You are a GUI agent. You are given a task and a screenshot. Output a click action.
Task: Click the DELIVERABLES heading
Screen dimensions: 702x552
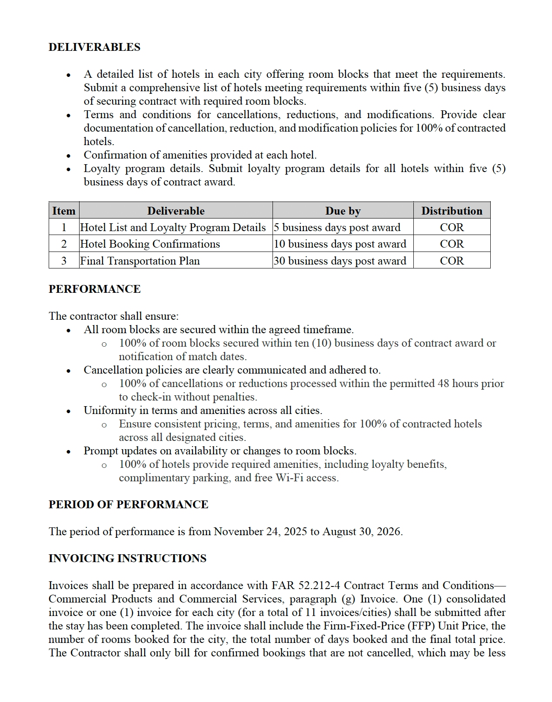(x=94, y=47)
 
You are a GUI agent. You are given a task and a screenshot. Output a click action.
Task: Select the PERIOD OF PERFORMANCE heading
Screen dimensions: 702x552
(x=128, y=504)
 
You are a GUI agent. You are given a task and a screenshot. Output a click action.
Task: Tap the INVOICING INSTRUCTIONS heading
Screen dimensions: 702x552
(x=127, y=558)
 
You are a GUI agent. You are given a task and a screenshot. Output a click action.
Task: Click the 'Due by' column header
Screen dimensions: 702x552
(x=343, y=211)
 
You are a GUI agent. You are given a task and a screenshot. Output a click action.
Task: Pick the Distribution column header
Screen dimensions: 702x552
(x=452, y=211)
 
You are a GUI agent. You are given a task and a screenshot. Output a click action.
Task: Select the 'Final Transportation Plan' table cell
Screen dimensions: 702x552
(x=140, y=261)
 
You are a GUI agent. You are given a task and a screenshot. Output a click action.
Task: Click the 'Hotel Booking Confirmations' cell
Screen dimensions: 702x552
(x=150, y=244)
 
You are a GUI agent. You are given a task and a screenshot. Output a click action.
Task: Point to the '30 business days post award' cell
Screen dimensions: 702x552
(x=340, y=261)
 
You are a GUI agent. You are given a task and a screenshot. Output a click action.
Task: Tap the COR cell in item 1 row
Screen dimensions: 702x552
(x=452, y=227)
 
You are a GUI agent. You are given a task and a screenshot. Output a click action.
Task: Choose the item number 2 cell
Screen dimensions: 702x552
(x=64, y=244)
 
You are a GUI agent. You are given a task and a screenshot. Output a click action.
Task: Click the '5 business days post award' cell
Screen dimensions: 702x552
(x=337, y=227)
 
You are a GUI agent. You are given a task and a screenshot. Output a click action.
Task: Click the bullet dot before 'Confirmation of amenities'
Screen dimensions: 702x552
(x=68, y=156)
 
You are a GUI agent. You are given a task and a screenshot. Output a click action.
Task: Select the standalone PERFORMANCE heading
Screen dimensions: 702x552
(x=94, y=289)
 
